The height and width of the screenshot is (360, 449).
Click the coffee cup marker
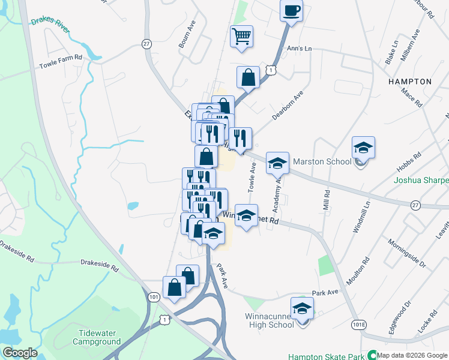[291, 11]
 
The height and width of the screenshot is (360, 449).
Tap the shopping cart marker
[241, 37]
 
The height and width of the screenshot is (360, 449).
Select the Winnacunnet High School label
[270, 320]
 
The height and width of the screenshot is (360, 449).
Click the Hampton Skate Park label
[327, 356]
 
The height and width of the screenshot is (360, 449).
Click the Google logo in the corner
[20, 353]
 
